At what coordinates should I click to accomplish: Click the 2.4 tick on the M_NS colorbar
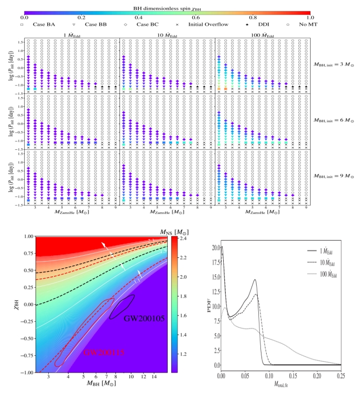[187, 238]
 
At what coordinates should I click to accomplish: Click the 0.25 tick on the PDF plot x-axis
[340, 376]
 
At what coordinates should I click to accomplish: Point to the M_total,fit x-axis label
[281, 387]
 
